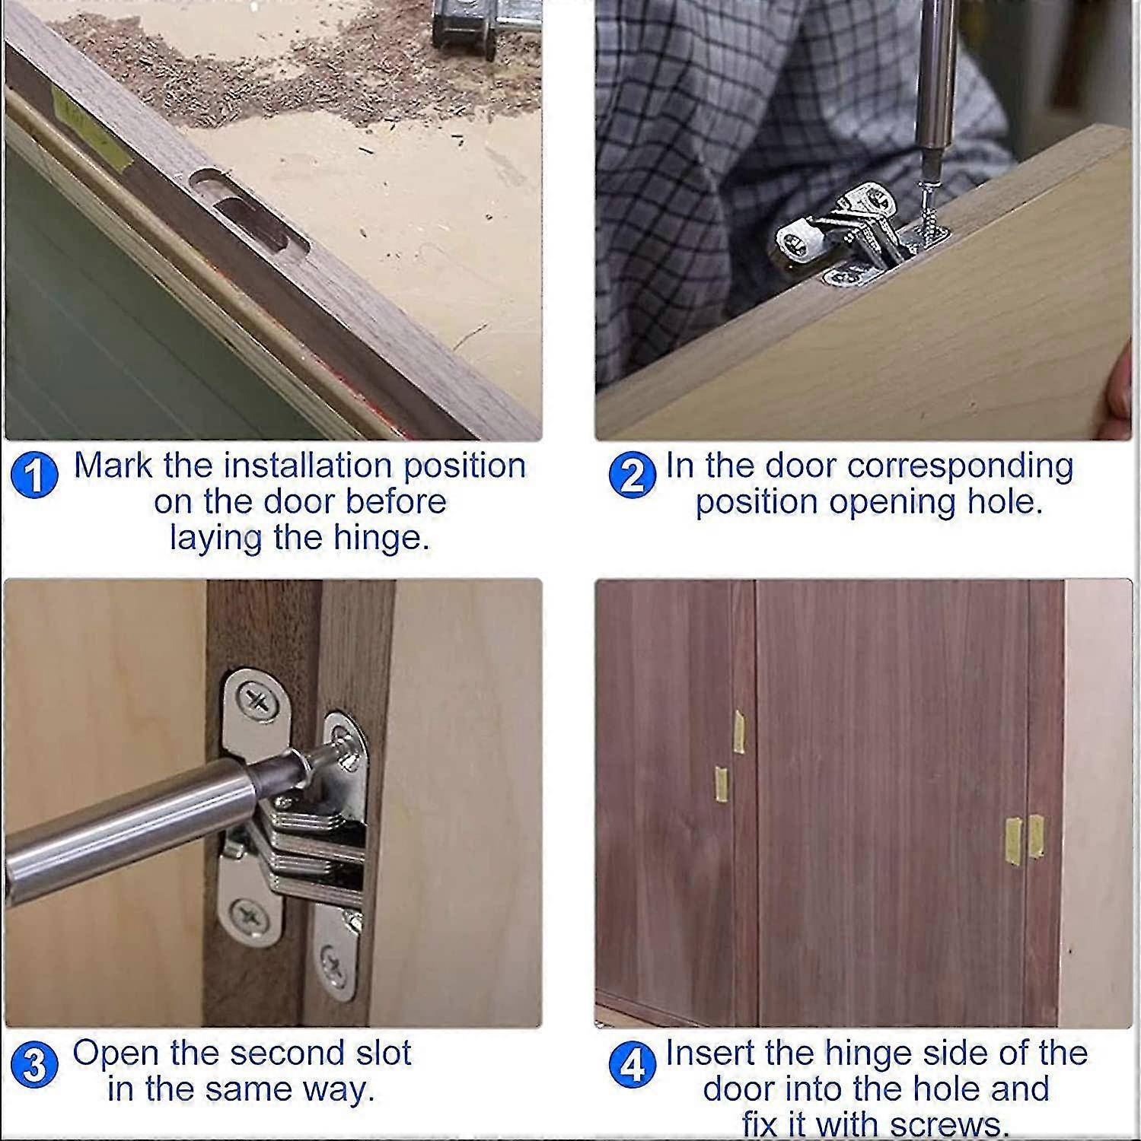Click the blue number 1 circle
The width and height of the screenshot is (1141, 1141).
[x=35, y=475]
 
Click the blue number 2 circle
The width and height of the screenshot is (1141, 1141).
[x=633, y=475]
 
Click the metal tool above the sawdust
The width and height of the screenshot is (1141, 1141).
[x=472, y=27]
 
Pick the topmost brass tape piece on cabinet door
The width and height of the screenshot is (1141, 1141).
[x=738, y=731]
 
